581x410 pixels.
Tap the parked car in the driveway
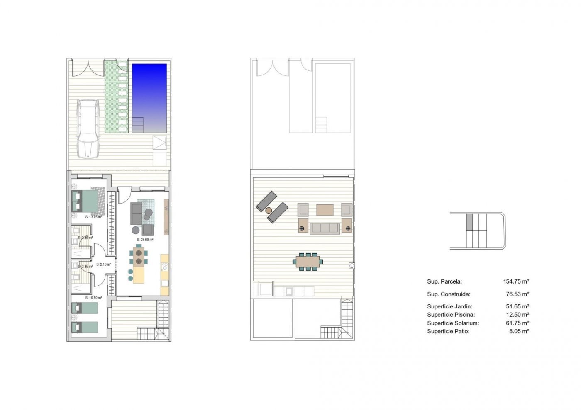click(x=88, y=129)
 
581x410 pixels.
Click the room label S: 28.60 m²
click(x=145, y=240)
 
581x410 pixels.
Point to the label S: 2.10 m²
click(x=104, y=264)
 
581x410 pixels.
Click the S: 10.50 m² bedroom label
click(x=93, y=298)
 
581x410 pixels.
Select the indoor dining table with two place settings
click(x=139, y=256)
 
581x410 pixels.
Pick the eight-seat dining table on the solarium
click(x=308, y=261)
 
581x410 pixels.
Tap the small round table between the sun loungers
click(x=269, y=210)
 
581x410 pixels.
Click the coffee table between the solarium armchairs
click(x=325, y=210)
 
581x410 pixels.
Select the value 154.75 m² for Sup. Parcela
click(x=516, y=281)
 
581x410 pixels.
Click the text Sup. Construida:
click(x=449, y=294)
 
